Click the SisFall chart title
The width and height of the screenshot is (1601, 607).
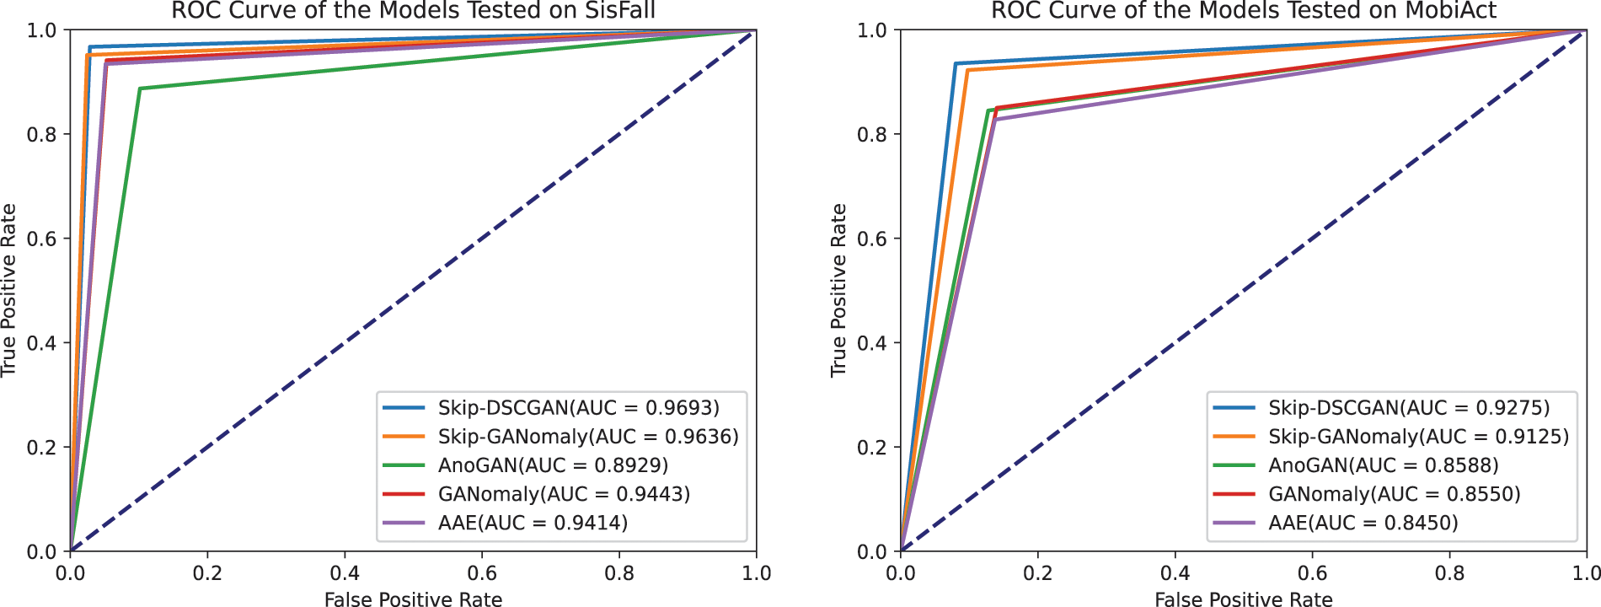(413, 11)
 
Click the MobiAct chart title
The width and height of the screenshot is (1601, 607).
(1244, 11)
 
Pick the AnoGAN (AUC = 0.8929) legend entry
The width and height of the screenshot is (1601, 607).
(553, 465)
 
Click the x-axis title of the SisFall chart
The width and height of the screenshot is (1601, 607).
(413, 599)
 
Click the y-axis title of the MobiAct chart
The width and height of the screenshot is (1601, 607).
(838, 290)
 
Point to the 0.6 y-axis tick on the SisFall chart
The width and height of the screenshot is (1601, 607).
(42, 239)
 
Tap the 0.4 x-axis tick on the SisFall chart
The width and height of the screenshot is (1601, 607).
(345, 573)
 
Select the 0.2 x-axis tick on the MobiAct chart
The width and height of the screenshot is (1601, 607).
(1037, 573)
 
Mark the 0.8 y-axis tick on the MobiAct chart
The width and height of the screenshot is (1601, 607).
(872, 134)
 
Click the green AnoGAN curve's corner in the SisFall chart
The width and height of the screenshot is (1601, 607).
(140, 89)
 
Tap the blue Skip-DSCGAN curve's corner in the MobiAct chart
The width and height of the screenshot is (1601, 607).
(956, 64)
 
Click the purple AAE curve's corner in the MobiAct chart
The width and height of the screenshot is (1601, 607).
(995, 121)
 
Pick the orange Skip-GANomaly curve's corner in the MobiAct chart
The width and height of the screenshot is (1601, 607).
(967, 71)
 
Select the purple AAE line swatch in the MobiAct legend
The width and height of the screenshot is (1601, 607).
(1235, 523)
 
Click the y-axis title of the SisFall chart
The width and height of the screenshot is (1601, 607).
(9, 290)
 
